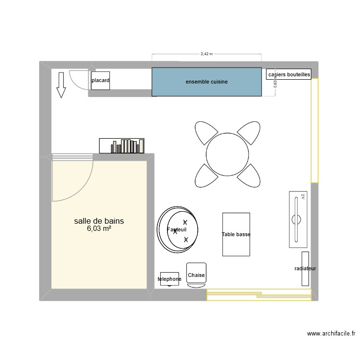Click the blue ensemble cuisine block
(206, 82)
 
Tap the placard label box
(100, 81)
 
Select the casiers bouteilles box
(289, 74)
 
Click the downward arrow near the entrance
(61, 85)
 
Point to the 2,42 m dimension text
(206, 54)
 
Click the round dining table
(228, 155)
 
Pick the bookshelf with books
(122, 145)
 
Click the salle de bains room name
(99, 221)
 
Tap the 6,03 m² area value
(99, 229)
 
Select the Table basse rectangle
(236, 234)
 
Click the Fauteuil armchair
(178, 230)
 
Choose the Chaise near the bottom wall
(196, 275)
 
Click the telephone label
(169, 279)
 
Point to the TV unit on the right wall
(298, 220)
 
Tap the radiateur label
(305, 269)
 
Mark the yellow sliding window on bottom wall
(259, 294)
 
